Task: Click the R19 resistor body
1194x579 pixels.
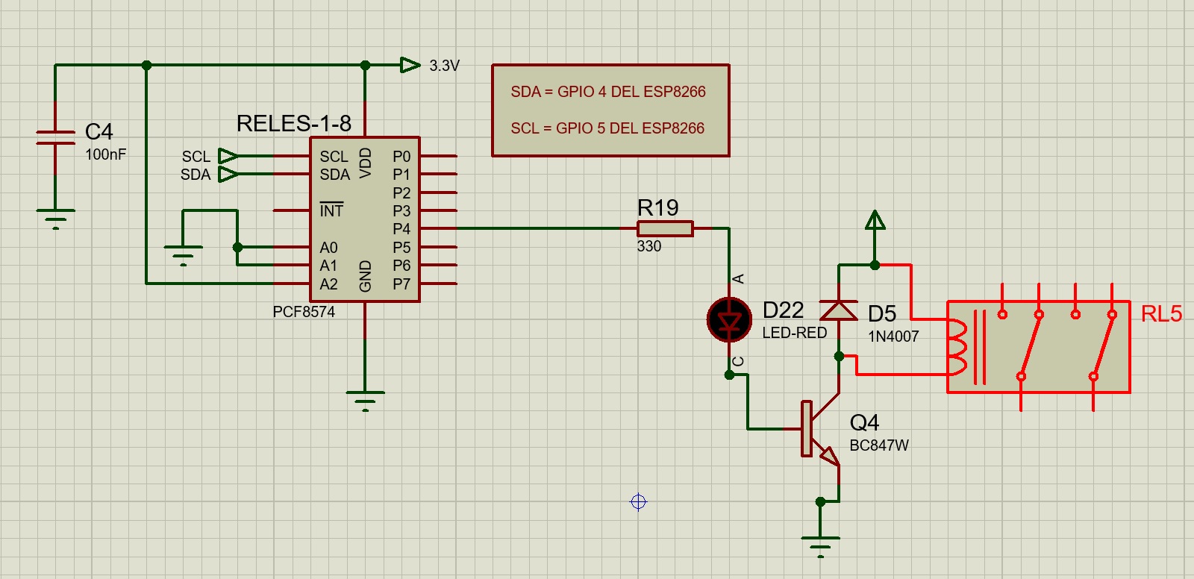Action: click(x=665, y=229)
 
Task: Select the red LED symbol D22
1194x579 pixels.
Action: click(x=729, y=320)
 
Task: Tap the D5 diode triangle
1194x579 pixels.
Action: click(x=839, y=310)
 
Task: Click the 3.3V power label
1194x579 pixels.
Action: click(x=444, y=66)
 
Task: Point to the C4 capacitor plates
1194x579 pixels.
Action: click(x=55, y=137)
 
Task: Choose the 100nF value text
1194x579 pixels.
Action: click(x=105, y=154)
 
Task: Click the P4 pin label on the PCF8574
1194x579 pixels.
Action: click(x=401, y=229)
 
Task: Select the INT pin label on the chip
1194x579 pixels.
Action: click(x=331, y=210)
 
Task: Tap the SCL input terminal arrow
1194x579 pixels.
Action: click(x=228, y=156)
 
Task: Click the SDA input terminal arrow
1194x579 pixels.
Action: click(x=228, y=175)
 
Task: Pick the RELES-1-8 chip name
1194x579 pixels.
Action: click(x=294, y=124)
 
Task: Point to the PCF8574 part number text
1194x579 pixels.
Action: click(x=304, y=312)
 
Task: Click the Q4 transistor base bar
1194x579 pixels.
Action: click(x=807, y=428)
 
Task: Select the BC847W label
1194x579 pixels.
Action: click(x=879, y=445)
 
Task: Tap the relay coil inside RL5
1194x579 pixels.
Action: click(x=957, y=347)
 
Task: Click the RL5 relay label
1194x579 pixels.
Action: click(x=1161, y=313)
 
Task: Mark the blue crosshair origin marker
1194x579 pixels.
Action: click(x=638, y=502)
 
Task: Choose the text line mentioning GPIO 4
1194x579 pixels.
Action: click(x=608, y=92)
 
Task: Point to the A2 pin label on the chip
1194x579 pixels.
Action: click(x=328, y=284)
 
